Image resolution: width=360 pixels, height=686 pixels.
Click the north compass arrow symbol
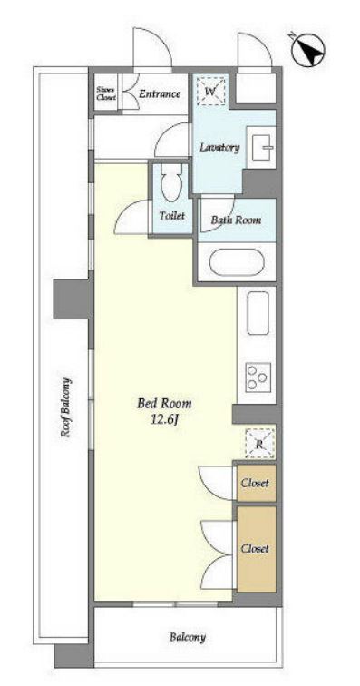click(x=308, y=49)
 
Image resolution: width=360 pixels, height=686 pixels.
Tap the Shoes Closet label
click(x=106, y=93)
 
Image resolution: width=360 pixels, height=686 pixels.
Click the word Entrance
click(x=160, y=93)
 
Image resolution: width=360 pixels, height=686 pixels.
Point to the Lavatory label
click(x=219, y=147)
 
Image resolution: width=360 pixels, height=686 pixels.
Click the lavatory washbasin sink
click(x=261, y=147)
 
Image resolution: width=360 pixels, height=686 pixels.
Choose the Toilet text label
click(x=172, y=216)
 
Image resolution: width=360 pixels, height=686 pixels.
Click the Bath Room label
click(x=236, y=220)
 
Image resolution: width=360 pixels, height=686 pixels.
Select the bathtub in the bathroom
click(x=237, y=262)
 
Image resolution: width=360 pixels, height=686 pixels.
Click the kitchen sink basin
click(x=258, y=313)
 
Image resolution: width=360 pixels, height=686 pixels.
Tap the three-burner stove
click(x=258, y=377)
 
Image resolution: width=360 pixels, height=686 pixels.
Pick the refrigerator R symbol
click(x=259, y=444)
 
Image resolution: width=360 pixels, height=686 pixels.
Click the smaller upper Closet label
click(x=256, y=483)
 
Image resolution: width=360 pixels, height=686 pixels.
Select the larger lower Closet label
click(x=256, y=548)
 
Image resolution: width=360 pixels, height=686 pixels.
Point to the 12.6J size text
click(x=164, y=419)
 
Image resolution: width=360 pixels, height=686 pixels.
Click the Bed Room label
click(x=164, y=403)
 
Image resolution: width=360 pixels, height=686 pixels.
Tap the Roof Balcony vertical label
click(x=65, y=407)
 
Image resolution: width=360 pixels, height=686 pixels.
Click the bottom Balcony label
click(x=188, y=637)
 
